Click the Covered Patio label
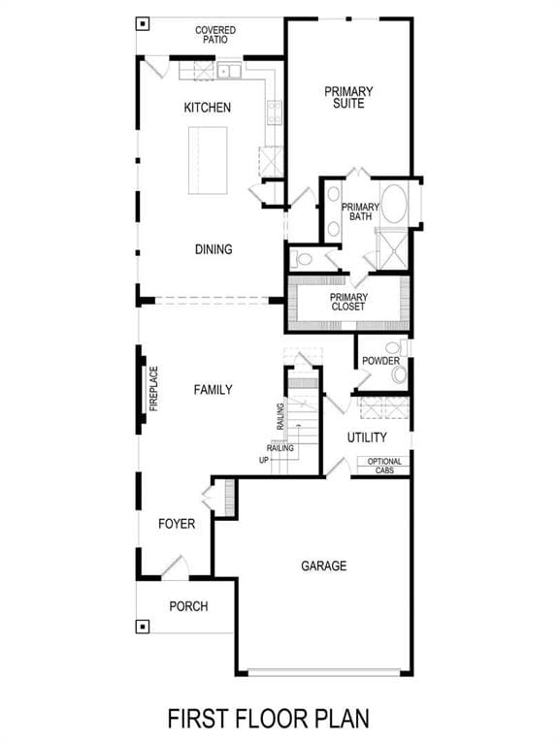(x=215, y=35)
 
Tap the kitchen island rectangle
(x=208, y=160)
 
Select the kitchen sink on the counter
(x=229, y=71)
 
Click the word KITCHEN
(x=208, y=108)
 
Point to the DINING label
(x=214, y=249)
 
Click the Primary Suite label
(x=348, y=97)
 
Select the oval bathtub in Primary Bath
(x=394, y=204)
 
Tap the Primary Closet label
(x=348, y=302)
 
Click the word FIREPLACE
(x=153, y=389)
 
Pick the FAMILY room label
(x=213, y=390)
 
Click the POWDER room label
(x=380, y=361)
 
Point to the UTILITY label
(x=367, y=437)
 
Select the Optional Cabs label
(x=384, y=466)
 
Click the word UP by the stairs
(x=264, y=460)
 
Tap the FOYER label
(x=177, y=524)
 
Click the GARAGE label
(x=324, y=566)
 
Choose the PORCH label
(x=188, y=606)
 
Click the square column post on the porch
(x=143, y=627)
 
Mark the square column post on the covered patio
(x=143, y=23)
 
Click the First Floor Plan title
(x=269, y=719)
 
